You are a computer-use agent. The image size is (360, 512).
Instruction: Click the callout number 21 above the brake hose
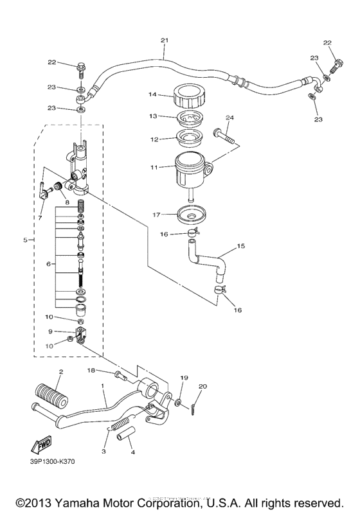[165, 40]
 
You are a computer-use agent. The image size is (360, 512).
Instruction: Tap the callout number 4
[132, 452]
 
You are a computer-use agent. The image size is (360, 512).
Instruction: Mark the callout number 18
[91, 371]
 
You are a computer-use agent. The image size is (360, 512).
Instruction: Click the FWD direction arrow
[39, 444]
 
